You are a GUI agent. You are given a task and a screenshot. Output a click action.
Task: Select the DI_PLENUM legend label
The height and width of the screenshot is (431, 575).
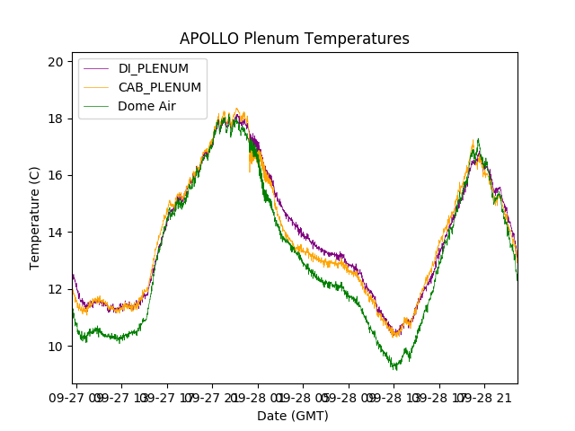coord(153,68)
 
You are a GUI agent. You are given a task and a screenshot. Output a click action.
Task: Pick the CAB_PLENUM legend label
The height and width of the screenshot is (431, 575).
coord(160,87)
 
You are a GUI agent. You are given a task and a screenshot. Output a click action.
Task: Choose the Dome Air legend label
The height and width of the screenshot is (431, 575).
coord(147,106)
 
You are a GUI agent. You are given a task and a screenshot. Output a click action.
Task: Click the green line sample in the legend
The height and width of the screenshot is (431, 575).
coord(96,106)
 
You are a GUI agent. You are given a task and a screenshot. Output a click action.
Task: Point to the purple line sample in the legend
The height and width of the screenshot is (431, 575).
coord(96,68)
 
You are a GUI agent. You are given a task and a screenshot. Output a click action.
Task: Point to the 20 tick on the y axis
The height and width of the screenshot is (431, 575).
coord(56,62)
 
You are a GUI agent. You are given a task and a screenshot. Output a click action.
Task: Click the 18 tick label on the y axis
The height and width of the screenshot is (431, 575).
coord(56,119)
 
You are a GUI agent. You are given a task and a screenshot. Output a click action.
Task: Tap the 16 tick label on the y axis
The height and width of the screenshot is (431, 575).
coord(56,175)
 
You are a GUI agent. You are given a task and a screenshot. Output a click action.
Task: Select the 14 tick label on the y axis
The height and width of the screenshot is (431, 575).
coord(56,233)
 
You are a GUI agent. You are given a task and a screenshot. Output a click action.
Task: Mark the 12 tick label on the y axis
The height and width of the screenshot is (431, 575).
coord(56,289)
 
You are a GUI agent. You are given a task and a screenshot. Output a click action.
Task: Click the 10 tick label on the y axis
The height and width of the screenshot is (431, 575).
coord(56,347)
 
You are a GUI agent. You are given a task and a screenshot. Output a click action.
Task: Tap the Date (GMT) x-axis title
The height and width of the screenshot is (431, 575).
coord(293,416)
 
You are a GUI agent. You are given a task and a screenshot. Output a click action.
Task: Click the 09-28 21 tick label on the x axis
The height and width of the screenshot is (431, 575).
coord(485,397)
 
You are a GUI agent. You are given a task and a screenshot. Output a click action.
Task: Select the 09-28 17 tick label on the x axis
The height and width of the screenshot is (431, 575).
coord(439,397)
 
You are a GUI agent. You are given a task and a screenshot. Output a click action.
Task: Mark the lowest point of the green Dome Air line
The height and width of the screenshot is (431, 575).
coord(394,368)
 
